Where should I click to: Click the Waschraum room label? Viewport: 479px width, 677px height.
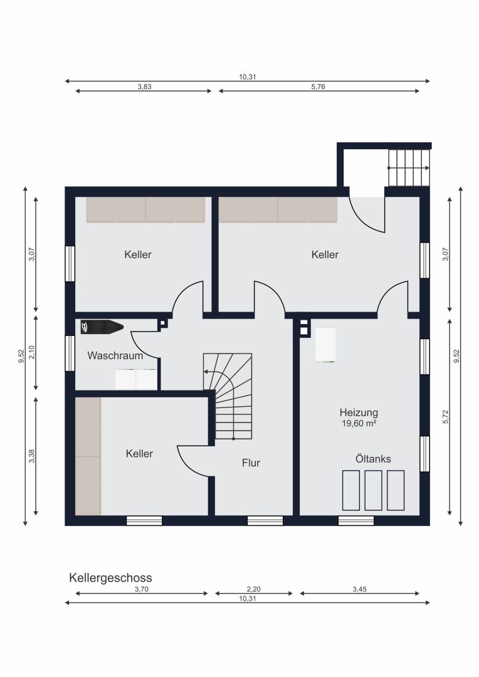[115, 356]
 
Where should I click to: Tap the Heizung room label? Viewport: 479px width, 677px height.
[359, 412]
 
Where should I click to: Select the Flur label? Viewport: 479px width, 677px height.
[251, 463]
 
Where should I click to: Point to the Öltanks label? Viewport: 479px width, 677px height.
[373, 458]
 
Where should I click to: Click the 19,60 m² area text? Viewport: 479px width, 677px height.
[359, 424]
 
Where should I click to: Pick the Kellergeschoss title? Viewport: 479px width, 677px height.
[110, 578]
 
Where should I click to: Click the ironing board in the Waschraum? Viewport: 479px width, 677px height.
[102, 327]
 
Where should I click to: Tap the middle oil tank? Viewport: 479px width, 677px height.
[373, 490]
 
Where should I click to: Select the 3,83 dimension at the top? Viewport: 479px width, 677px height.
[145, 87]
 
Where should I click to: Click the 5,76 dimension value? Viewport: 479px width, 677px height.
[318, 87]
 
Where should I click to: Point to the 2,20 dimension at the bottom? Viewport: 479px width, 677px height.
[253, 589]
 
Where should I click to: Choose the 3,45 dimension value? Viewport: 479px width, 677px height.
[359, 589]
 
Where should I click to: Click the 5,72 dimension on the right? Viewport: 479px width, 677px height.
[446, 416]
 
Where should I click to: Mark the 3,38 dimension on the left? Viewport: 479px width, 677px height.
[31, 456]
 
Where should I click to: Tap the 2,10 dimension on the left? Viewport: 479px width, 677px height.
[31, 352]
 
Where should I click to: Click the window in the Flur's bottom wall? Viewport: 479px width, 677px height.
[265, 521]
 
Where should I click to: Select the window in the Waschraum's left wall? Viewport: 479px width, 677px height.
[70, 353]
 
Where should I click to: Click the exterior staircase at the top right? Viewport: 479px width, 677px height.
[409, 167]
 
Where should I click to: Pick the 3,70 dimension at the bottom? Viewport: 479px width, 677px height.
[142, 589]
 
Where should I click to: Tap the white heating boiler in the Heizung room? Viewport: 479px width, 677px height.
[325, 345]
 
